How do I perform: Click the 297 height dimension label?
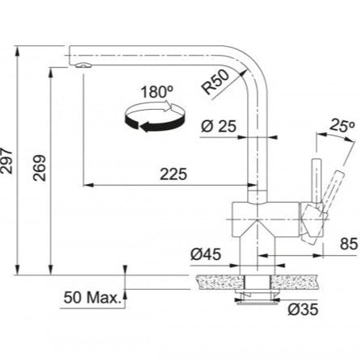tap(6, 161)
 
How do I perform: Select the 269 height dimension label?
tap(40, 168)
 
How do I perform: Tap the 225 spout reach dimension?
tap(174, 174)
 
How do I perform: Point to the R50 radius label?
tap(216, 82)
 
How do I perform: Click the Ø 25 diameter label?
tap(219, 126)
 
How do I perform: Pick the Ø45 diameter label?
tap(206, 254)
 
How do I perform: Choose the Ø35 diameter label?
tap(303, 309)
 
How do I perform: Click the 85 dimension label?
tap(349, 244)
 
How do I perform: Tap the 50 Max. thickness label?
tap(91, 298)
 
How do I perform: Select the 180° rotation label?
tap(157, 92)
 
